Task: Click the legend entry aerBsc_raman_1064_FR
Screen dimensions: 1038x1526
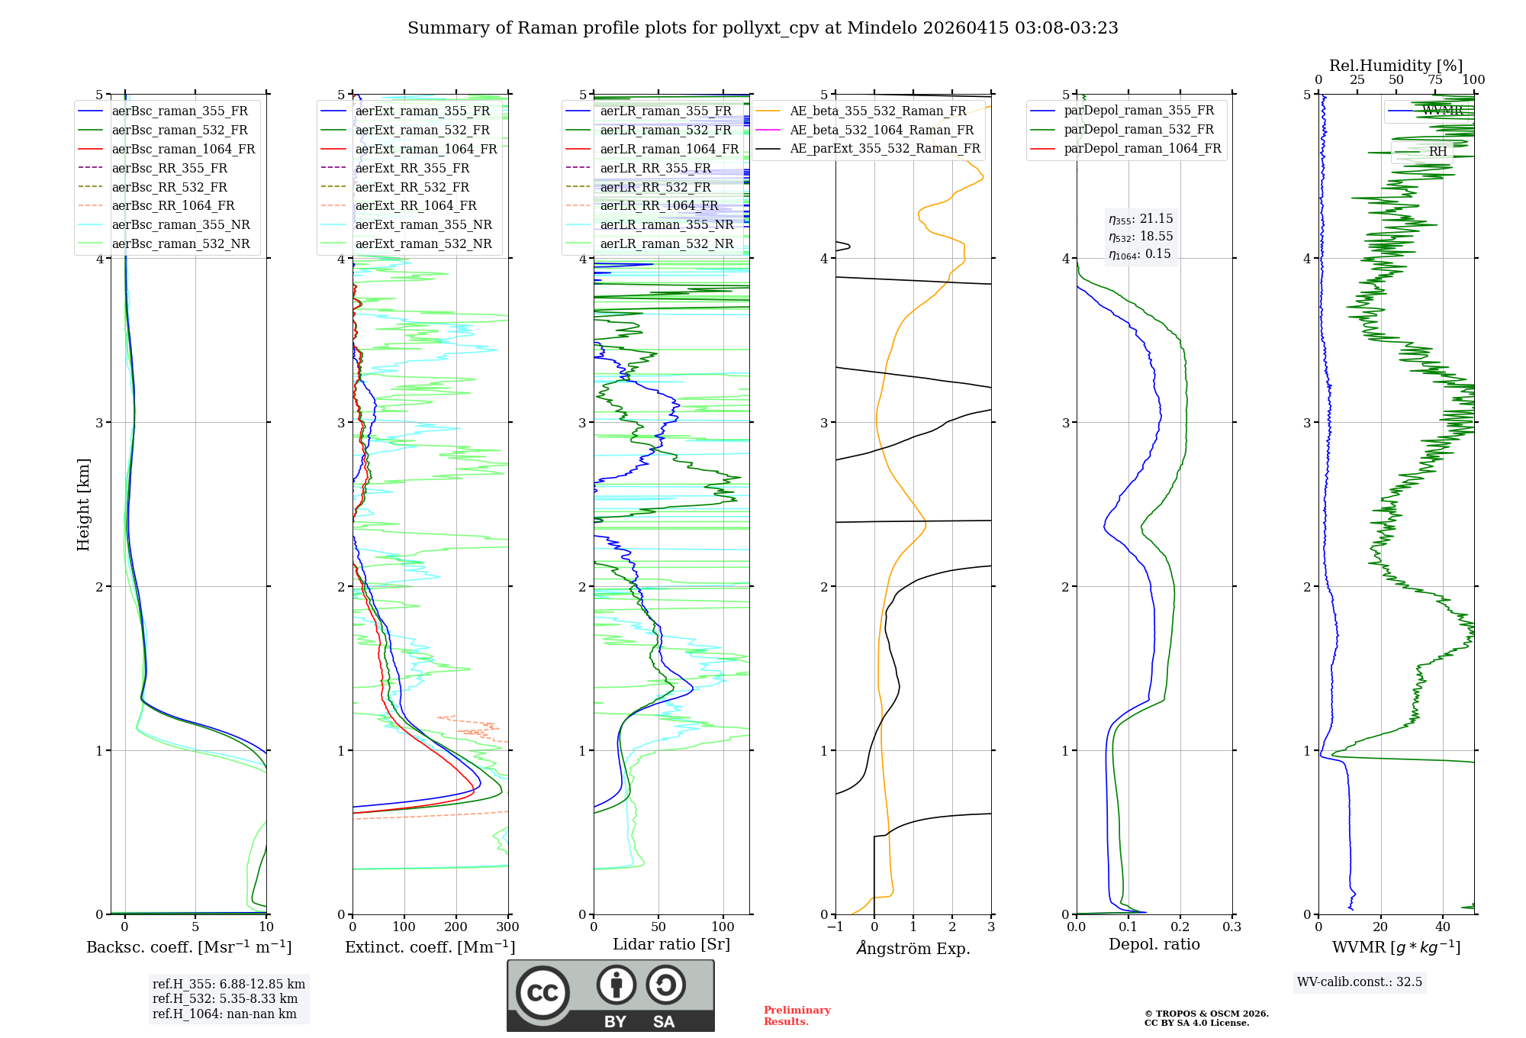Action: coord(183,149)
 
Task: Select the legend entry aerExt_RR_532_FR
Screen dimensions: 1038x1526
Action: coord(412,187)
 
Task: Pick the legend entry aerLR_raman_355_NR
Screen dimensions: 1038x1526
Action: coord(666,224)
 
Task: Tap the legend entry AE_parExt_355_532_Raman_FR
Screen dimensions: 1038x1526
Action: coord(884,148)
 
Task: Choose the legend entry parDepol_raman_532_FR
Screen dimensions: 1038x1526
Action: coord(1138,130)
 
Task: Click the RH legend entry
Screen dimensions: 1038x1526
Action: coord(1437,151)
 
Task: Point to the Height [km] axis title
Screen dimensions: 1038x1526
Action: coord(83,504)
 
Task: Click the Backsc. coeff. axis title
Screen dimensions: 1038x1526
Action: coord(188,947)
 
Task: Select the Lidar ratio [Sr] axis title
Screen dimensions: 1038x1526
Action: coord(671,944)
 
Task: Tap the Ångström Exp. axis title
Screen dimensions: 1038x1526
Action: coord(913,948)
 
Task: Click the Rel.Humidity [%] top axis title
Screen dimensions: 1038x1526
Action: coord(1396,66)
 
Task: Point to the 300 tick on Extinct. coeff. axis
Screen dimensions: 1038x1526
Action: coord(508,927)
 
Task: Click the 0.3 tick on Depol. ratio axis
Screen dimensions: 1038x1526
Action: coord(1232,927)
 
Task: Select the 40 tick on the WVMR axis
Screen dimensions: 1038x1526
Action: coord(1443,927)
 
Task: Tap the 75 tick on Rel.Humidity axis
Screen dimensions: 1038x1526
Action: coord(1435,80)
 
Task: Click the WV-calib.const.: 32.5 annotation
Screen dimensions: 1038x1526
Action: coord(1360,982)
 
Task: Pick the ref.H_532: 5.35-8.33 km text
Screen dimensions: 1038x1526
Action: coord(225,998)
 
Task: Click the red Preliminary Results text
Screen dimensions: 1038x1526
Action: coord(797,1016)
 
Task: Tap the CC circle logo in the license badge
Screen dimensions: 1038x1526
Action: coord(542,993)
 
